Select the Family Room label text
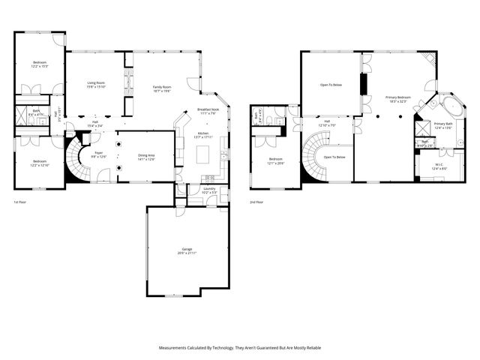162,87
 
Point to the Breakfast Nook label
208,111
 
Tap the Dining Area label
146,157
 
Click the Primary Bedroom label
397,99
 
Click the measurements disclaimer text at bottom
239,348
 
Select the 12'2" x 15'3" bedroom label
39,64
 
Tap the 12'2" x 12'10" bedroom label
39,163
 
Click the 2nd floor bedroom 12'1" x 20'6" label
276,160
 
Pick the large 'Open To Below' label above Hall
331,85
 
